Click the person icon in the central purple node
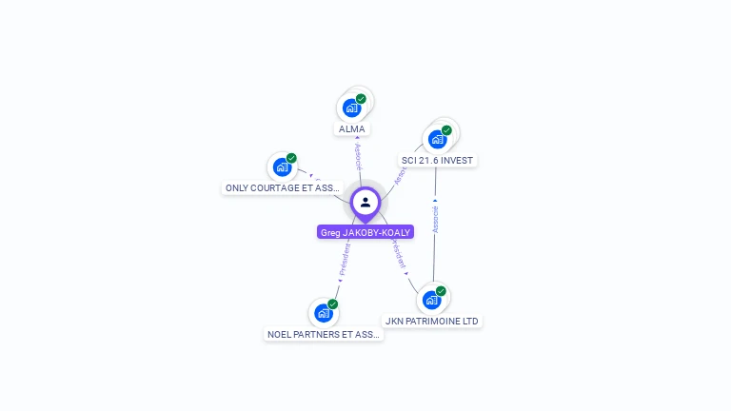(x=365, y=202)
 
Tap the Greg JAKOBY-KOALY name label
(x=365, y=232)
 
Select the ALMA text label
(x=351, y=128)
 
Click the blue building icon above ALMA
(x=351, y=108)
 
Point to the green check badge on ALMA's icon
(x=362, y=99)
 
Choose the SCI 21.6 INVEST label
(x=437, y=160)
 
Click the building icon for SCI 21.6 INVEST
(x=437, y=139)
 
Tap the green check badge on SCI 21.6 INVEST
(x=446, y=130)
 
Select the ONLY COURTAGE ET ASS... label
(x=283, y=188)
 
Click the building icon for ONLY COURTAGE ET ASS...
(x=282, y=167)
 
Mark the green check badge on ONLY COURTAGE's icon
(x=291, y=158)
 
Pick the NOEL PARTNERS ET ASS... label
(x=324, y=334)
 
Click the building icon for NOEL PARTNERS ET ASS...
(x=324, y=313)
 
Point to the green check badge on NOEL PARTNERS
(x=333, y=304)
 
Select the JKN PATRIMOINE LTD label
(x=431, y=322)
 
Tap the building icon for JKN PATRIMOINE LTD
(x=431, y=300)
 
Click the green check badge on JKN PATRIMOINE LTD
(x=441, y=291)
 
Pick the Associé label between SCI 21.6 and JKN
(x=435, y=220)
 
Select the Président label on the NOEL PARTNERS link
(x=344, y=259)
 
